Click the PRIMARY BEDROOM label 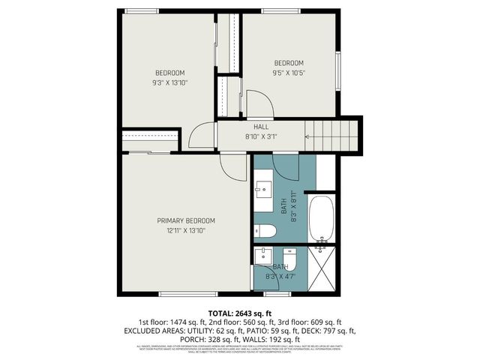pos(186,220)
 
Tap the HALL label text pos(261,127)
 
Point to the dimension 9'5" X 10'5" pos(289,73)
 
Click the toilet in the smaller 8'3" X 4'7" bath pos(291,260)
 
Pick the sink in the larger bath pos(264,187)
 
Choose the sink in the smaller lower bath pos(263,256)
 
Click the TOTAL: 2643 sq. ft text pos(240,313)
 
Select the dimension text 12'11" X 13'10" pos(186,231)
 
